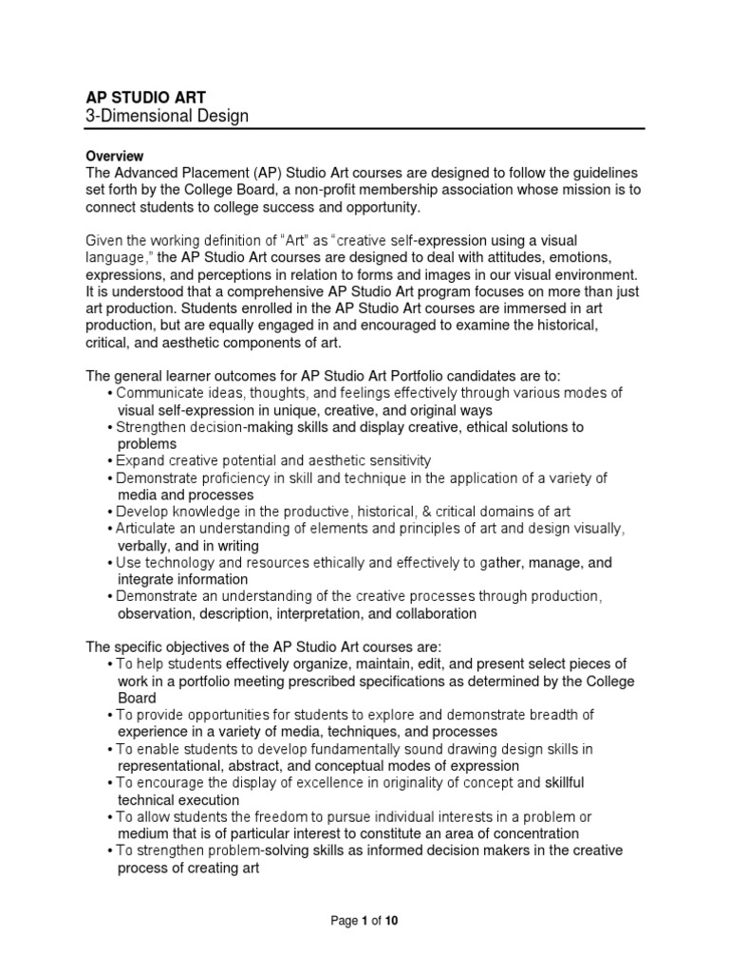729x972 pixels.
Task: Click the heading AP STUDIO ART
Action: [145, 96]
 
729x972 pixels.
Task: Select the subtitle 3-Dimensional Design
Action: [167, 117]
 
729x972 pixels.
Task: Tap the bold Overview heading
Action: [115, 156]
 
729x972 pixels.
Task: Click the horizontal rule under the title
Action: [364, 130]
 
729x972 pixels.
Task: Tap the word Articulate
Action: [149, 529]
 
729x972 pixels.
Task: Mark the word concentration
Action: [537, 834]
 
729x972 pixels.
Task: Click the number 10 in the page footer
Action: [392, 920]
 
